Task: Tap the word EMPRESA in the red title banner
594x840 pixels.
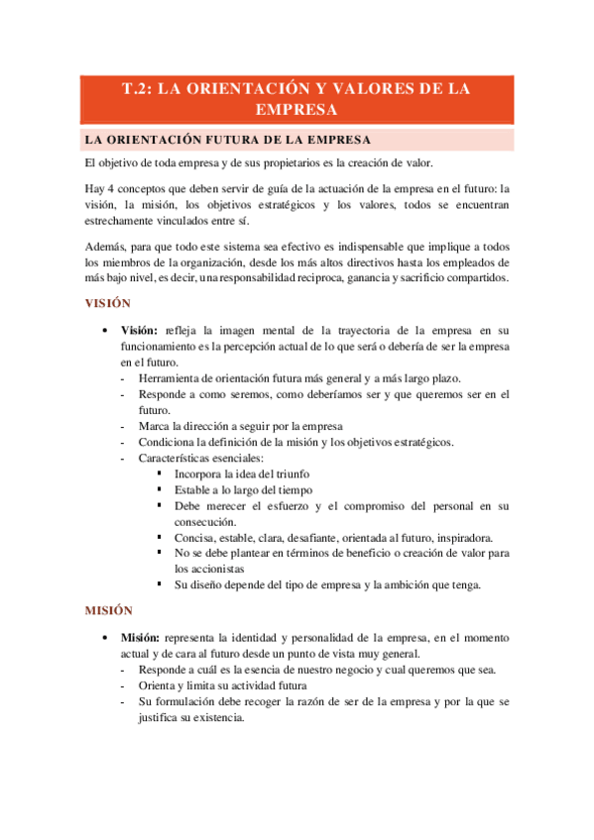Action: coord(297,109)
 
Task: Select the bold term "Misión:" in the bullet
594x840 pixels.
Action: coord(142,638)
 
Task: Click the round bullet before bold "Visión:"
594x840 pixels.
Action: coord(105,330)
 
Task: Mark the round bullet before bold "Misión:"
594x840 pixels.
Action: coord(105,638)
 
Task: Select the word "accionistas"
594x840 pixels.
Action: coord(208,570)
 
